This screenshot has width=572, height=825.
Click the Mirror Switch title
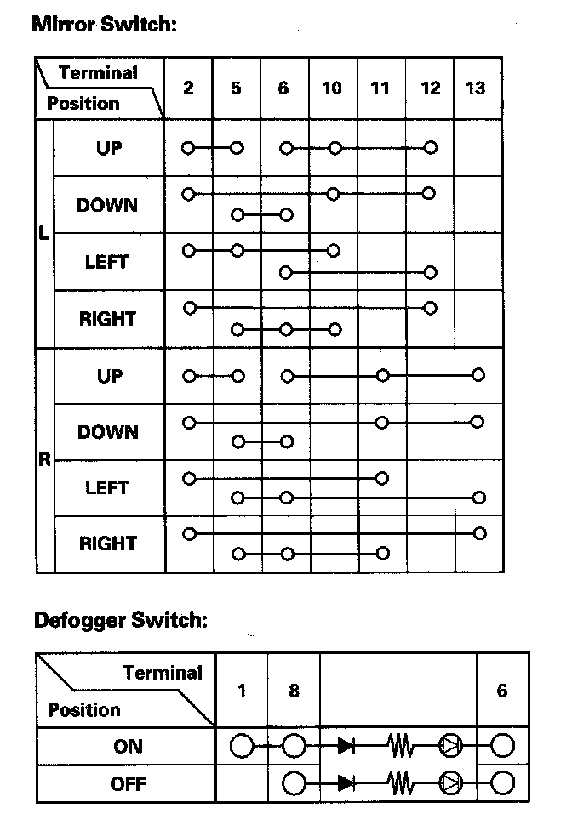click(x=104, y=24)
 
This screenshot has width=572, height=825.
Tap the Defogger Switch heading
click(x=120, y=619)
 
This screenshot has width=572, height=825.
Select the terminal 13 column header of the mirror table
click(x=476, y=88)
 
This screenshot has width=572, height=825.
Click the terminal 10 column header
click(x=332, y=88)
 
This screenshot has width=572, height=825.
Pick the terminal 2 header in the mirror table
click(x=188, y=88)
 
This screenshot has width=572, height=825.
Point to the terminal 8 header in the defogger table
click(x=294, y=690)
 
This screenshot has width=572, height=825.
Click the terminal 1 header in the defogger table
click(x=242, y=690)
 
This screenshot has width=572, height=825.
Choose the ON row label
click(x=128, y=747)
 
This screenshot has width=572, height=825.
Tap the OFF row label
click(x=128, y=783)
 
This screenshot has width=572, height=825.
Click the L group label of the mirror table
click(x=44, y=232)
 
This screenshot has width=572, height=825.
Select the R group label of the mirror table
click(x=44, y=460)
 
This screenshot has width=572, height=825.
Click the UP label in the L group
click(x=109, y=148)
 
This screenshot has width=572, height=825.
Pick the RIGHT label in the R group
click(x=108, y=543)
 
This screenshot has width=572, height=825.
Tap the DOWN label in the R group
click(x=108, y=432)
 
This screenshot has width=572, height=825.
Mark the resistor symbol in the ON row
click(x=399, y=747)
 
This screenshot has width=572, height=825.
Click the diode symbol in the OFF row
click(x=346, y=782)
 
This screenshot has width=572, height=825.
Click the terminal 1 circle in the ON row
click(x=242, y=747)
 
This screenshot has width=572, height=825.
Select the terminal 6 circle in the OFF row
click(x=502, y=782)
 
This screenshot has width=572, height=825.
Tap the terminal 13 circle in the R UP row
click(x=478, y=375)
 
